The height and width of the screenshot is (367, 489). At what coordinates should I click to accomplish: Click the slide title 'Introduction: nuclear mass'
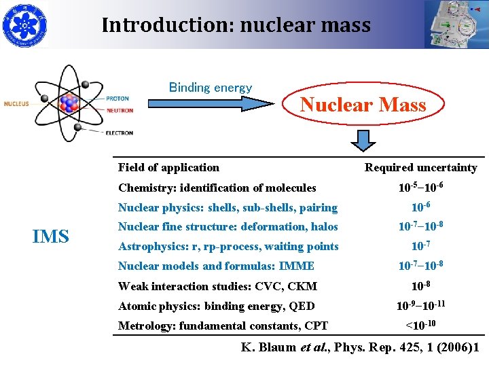coord(236,26)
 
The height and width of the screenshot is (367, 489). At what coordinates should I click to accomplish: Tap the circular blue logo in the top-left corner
coord(22,24)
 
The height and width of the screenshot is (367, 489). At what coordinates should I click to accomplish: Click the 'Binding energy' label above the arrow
coord(210,88)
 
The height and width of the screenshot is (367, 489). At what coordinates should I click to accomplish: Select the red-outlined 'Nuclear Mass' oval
coord(363,105)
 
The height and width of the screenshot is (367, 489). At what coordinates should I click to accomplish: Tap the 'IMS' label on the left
coord(51,237)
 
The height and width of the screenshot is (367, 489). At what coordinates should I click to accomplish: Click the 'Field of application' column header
coord(168,167)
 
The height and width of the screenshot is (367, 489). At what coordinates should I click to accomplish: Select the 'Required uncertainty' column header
coord(420,167)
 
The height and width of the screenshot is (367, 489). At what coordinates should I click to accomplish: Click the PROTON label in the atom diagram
coord(117,99)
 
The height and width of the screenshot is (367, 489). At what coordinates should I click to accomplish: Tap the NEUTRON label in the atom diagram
coord(119,110)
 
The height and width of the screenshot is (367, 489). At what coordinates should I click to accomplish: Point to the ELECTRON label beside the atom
coord(119,133)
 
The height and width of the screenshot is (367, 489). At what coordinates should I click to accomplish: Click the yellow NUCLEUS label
coord(16,104)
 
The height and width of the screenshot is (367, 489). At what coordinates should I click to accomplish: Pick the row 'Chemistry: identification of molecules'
coord(217,188)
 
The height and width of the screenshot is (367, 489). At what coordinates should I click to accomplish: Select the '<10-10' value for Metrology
coord(421,325)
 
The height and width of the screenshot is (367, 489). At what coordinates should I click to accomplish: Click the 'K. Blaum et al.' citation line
coord(361,347)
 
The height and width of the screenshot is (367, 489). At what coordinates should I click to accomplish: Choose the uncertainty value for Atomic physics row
coord(421,305)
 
